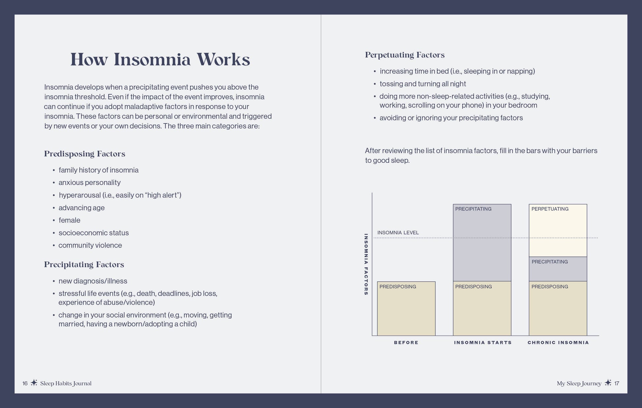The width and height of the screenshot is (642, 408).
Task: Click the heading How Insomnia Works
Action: [160, 59]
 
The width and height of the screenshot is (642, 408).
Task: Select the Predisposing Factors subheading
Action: [85, 154]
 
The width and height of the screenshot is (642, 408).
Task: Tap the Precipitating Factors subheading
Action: [84, 265]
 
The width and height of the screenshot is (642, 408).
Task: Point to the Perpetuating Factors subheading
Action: [405, 55]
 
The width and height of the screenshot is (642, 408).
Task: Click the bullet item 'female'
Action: [69, 220]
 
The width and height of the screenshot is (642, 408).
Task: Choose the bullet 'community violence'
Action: [90, 245]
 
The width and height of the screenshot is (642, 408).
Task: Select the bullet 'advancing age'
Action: [81, 208]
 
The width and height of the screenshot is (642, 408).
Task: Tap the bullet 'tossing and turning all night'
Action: [423, 84]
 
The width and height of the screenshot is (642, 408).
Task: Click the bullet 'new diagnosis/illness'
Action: [93, 281]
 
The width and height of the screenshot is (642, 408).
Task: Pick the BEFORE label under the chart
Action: [406, 343]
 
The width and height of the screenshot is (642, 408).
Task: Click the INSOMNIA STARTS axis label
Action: [483, 343]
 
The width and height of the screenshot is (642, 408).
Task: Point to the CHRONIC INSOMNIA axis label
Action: [558, 343]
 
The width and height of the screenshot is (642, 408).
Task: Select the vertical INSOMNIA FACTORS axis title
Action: [366, 264]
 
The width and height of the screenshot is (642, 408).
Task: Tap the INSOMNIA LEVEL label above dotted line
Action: [398, 233]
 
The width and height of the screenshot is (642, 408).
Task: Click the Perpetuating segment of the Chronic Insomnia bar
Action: [558, 231]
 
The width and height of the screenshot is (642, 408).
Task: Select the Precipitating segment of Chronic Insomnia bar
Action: [558, 269]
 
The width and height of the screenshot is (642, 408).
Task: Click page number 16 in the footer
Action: [25, 383]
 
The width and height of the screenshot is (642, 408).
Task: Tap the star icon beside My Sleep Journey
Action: [608, 383]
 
